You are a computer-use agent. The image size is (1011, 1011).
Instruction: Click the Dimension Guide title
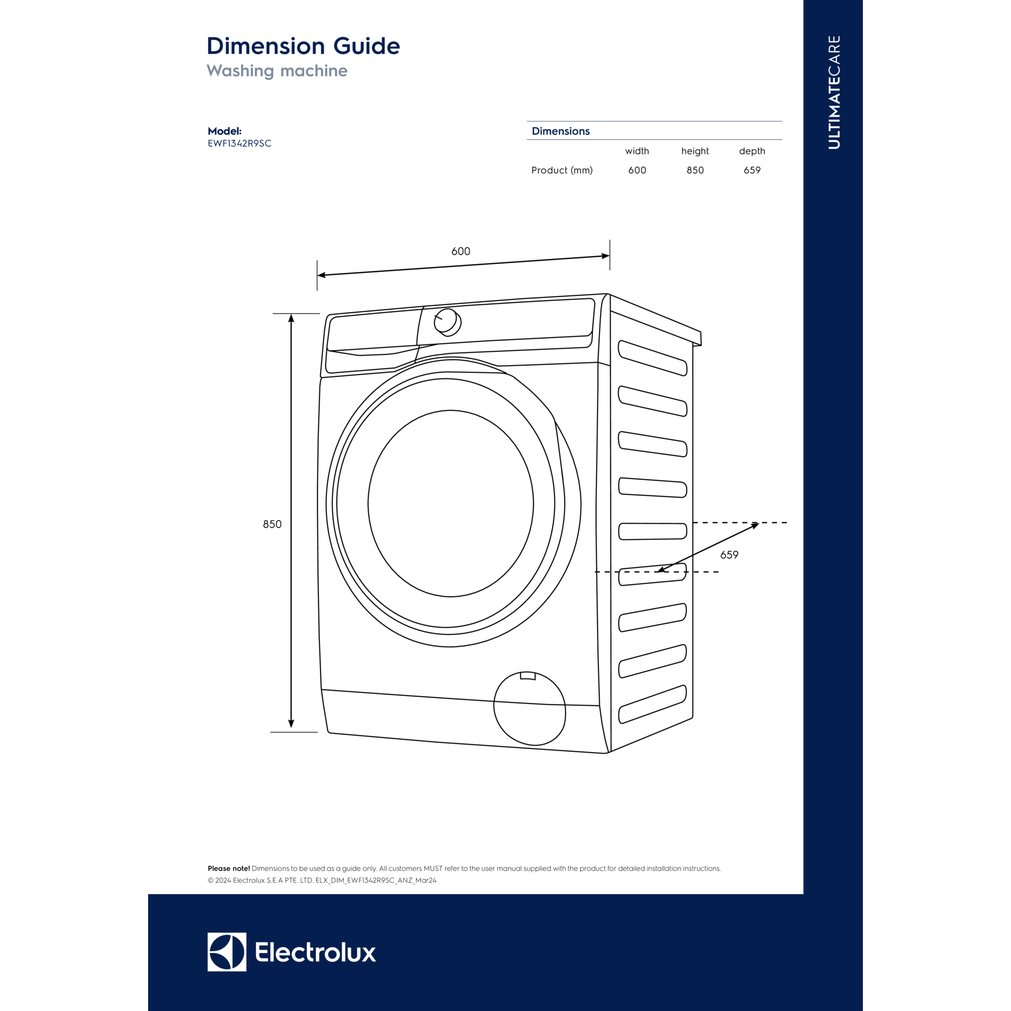[x=303, y=46]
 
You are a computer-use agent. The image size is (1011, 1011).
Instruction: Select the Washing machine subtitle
[x=277, y=71]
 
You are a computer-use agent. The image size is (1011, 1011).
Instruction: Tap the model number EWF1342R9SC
[x=240, y=144]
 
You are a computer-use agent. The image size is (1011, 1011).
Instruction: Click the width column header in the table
[x=637, y=151]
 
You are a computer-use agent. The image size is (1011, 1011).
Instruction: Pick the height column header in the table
[x=695, y=151]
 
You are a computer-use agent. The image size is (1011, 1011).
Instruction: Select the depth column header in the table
[x=752, y=151]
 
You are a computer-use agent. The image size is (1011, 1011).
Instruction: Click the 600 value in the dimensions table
[x=637, y=170]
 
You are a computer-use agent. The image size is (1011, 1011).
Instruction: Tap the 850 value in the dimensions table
[x=695, y=170]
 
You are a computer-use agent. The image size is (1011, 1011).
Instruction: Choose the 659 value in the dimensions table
[x=752, y=170]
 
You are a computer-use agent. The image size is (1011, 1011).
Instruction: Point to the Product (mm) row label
[x=562, y=170]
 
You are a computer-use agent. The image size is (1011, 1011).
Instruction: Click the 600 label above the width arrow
[x=461, y=251]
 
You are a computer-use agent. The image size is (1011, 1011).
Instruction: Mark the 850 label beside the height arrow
[x=272, y=524]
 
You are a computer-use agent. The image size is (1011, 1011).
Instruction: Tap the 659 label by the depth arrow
[x=729, y=555]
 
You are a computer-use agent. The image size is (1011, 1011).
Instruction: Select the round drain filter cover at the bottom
[x=530, y=709]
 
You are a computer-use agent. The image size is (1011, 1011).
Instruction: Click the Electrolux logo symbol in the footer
[x=226, y=952]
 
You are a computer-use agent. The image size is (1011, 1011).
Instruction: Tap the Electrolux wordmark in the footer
[x=315, y=952]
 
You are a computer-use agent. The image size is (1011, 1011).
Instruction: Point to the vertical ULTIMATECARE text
[x=834, y=92]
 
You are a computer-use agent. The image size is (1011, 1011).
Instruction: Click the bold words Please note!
[x=228, y=868]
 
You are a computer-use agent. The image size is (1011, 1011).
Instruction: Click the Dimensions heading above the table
[x=561, y=131]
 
